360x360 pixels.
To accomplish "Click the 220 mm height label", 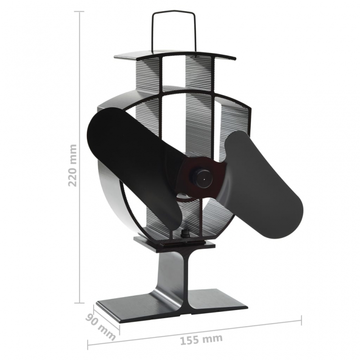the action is point(72,165).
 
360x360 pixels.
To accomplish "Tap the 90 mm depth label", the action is point(100,327).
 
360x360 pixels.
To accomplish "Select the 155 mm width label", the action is point(201,339).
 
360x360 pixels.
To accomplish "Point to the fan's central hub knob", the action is point(200,176).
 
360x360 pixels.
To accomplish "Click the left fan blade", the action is point(134,161).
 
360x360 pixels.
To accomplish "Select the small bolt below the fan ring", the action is point(184,234).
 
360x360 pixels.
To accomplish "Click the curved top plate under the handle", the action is point(175,57).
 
